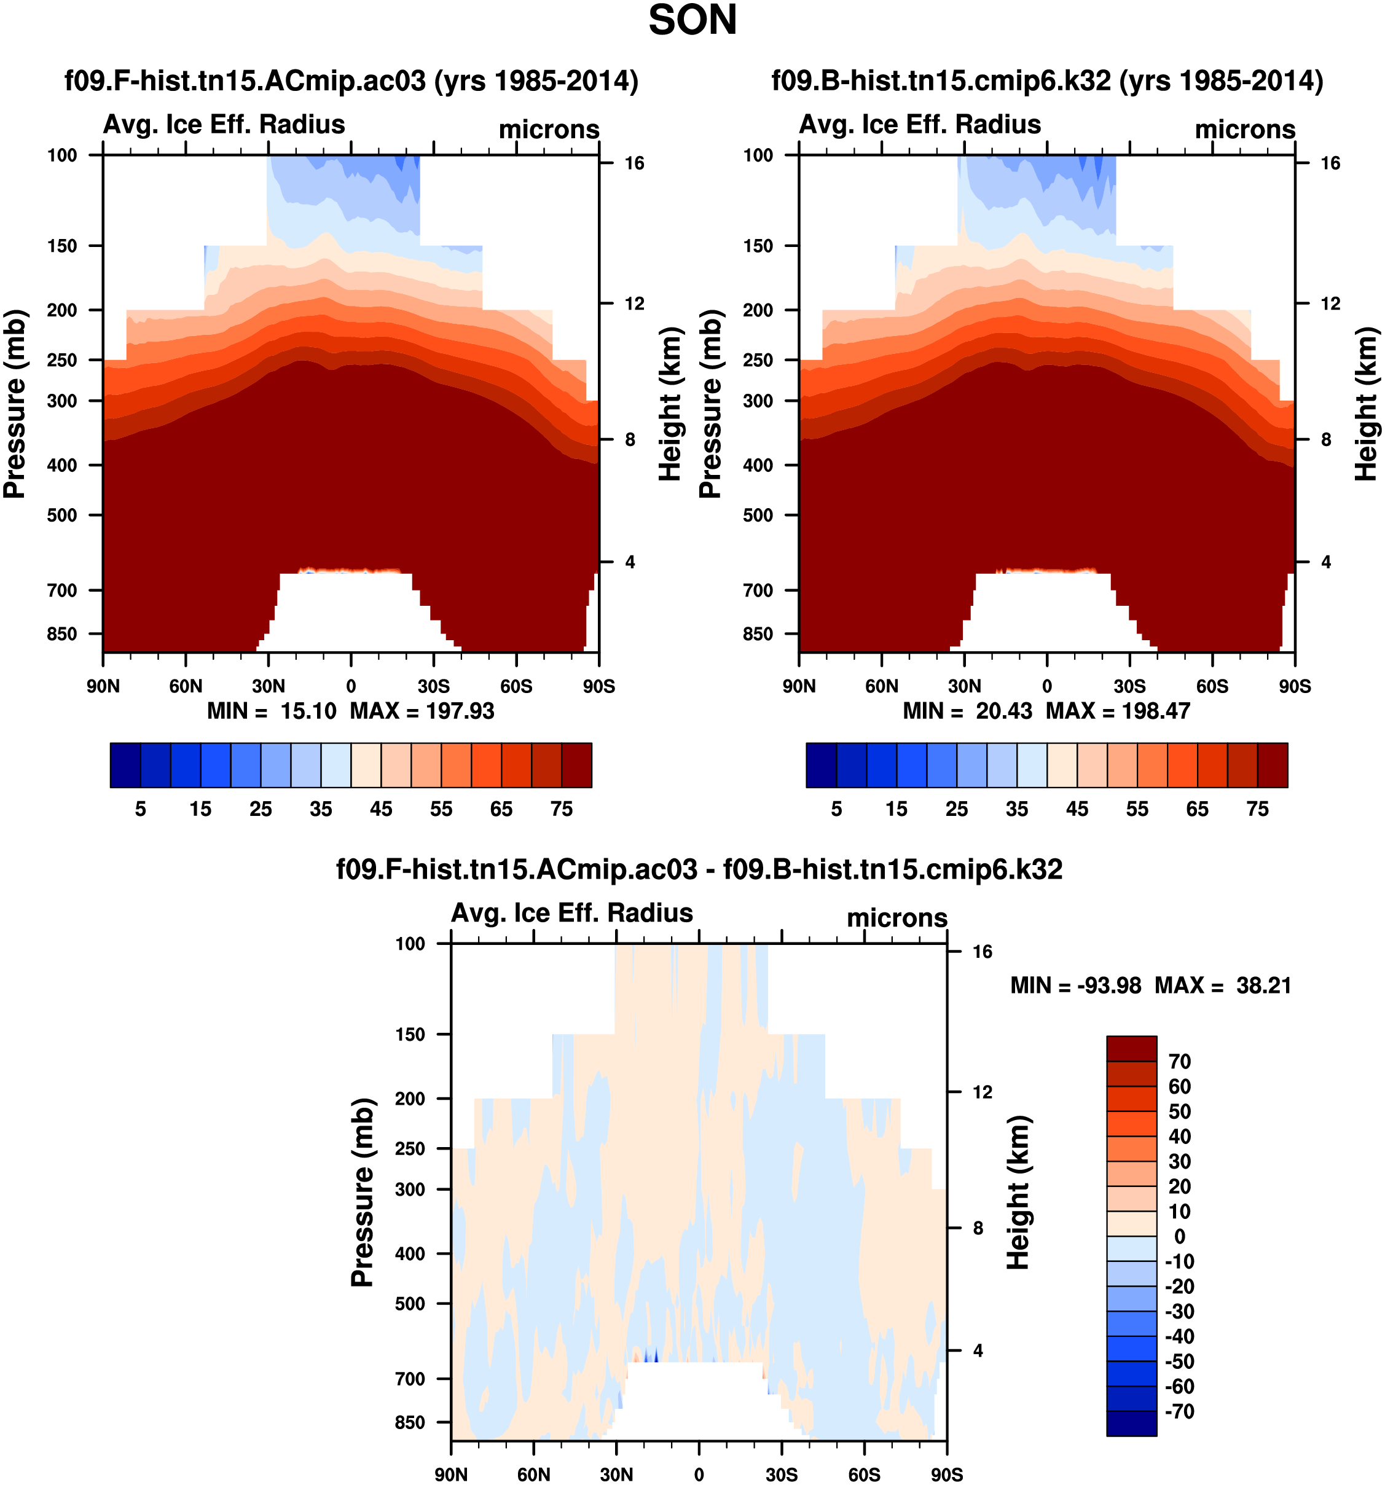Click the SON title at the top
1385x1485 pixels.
pos(692,20)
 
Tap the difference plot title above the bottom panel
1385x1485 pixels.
pos(699,869)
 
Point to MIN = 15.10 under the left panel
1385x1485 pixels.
pos(272,710)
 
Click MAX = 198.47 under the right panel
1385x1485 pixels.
pos(1118,710)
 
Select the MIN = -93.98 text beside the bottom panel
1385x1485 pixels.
pos(1076,985)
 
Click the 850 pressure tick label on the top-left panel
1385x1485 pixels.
pos(62,633)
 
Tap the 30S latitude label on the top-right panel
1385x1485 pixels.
pos(1129,686)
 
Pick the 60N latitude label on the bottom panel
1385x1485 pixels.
pos(533,1475)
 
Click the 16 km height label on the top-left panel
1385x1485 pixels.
pos(634,163)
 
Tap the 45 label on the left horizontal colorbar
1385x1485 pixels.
pos(381,809)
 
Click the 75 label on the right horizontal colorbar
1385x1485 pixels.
pos(1257,809)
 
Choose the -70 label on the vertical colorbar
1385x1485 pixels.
pos(1180,1411)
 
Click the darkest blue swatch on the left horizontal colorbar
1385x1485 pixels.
pos(125,765)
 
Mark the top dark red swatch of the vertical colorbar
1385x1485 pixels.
pos(1131,1049)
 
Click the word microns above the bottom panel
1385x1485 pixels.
pos(897,917)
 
